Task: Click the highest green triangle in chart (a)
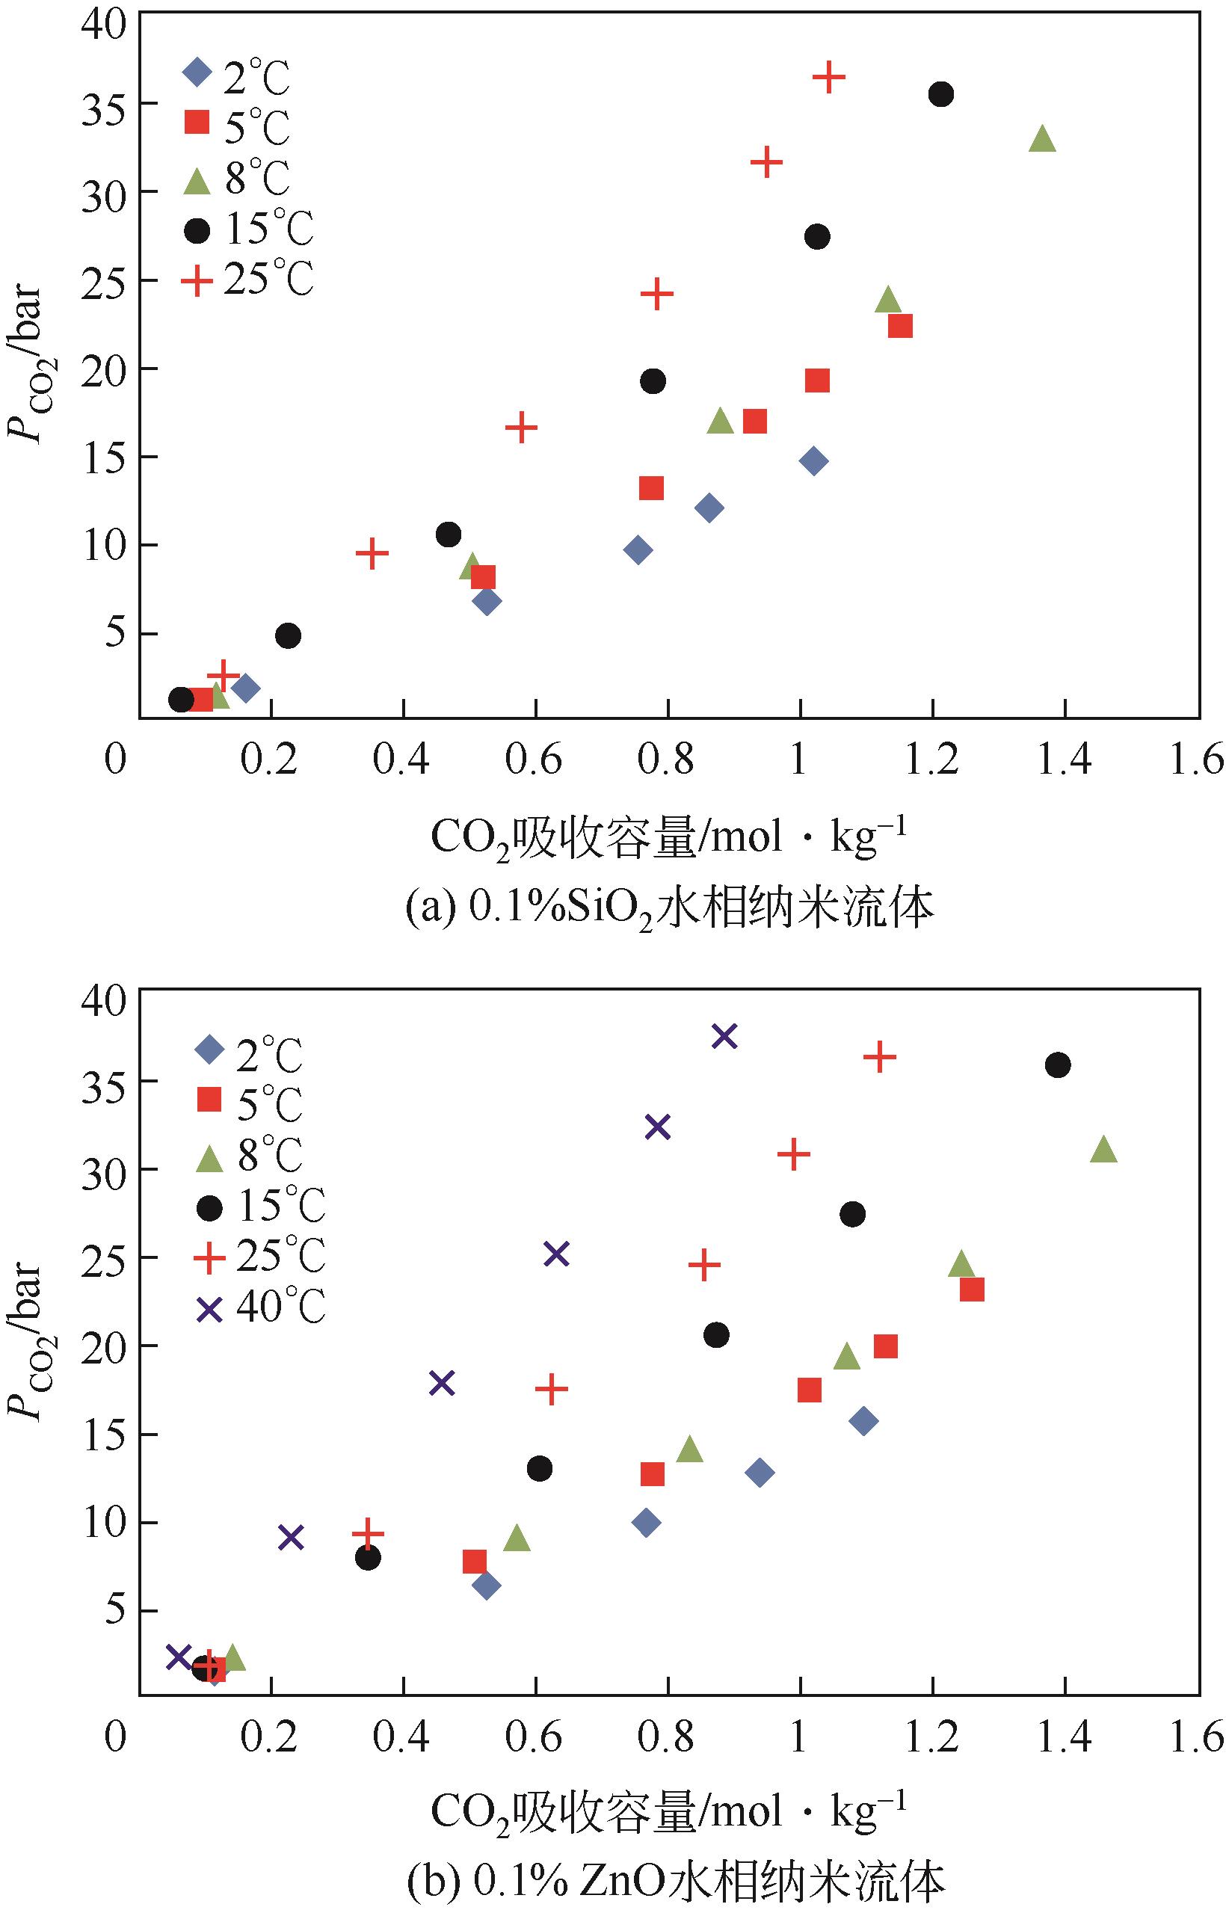tap(1042, 139)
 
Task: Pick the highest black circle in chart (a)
tap(941, 95)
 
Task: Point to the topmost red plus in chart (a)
tap(829, 77)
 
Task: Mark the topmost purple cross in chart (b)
tap(724, 1036)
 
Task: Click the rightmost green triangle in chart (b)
tap(1103, 1150)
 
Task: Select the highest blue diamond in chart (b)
tap(863, 1421)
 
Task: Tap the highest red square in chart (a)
tap(899, 326)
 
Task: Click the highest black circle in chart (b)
tap(1057, 1065)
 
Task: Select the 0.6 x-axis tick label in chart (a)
tap(535, 760)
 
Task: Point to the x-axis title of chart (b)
tap(669, 1811)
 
